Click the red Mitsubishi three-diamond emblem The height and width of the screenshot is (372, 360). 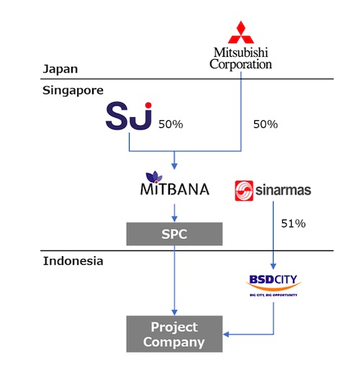point(240,32)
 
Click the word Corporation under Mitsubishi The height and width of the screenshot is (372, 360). point(240,64)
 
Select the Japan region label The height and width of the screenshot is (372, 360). point(60,69)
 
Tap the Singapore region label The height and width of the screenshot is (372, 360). point(73,91)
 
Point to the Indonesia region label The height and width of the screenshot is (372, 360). point(73,260)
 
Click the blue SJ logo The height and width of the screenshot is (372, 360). point(129,116)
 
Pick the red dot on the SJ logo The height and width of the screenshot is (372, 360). point(148,105)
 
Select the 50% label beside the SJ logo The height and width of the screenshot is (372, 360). point(171,124)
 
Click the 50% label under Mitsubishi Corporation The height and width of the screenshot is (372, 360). point(266,124)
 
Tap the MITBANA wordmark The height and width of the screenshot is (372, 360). point(175,189)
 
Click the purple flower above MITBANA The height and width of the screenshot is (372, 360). point(154,177)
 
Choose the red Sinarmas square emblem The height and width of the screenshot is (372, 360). point(244,191)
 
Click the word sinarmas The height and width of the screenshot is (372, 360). point(283,190)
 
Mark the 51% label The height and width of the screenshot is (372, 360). point(293,224)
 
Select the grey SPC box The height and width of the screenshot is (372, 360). point(174,234)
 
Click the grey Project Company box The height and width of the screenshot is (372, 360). point(174,334)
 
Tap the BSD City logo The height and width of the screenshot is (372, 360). point(274,286)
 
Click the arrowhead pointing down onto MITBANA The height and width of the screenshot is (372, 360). point(174,166)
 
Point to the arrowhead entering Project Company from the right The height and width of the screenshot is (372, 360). point(226,334)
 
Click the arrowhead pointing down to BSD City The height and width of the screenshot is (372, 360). point(273,266)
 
